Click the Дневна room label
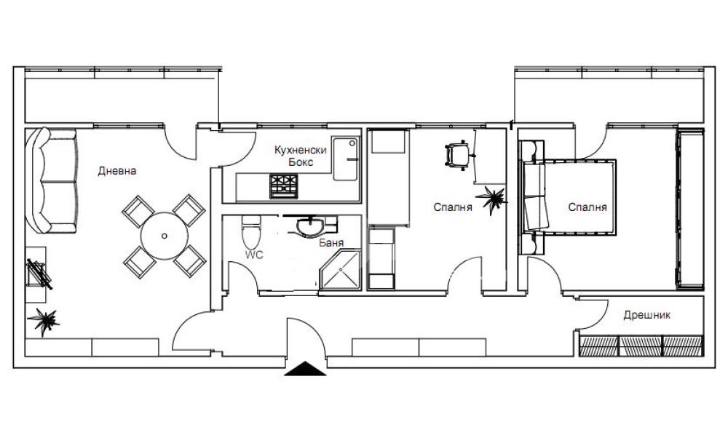pyautogui.click(x=117, y=171)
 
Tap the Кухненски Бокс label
pyautogui.click(x=301, y=156)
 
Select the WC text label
pyautogui.click(x=254, y=255)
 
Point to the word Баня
pyautogui.click(x=331, y=242)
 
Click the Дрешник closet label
pyautogui.click(x=646, y=315)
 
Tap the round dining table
pyautogui.click(x=165, y=236)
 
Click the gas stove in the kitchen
pyautogui.click(x=283, y=186)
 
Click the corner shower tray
pyautogui.click(x=341, y=270)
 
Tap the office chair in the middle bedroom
pyautogui.click(x=457, y=155)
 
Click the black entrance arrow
pyautogui.click(x=305, y=368)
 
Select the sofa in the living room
pyautogui.click(x=51, y=180)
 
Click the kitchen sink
pyautogui.click(x=346, y=159)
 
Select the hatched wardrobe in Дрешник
pyautogui.click(x=641, y=346)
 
